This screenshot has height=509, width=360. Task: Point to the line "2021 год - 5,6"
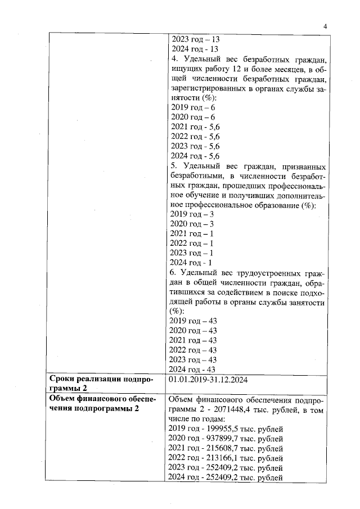pyautogui.click(x=194, y=127)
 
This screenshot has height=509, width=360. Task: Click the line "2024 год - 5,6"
pyautogui.click(x=194, y=156)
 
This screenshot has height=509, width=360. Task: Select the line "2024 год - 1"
pyautogui.click(x=191, y=263)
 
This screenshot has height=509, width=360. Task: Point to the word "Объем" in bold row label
pyautogui.click(x=62, y=399)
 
